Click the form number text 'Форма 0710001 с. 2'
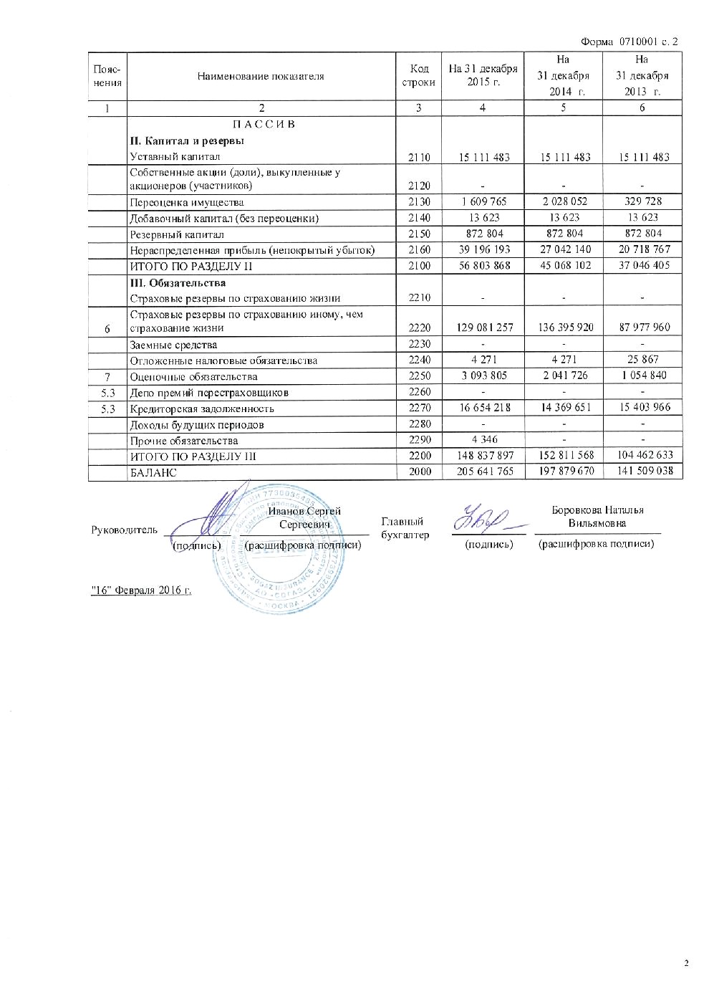(x=630, y=42)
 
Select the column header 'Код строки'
(x=419, y=75)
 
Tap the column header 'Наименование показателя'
(x=261, y=76)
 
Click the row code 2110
(x=419, y=157)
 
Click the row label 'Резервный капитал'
(x=177, y=234)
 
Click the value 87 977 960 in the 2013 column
(x=642, y=328)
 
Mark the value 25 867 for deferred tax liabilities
(x=642, y=360)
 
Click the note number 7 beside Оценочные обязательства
(x=107, y=376)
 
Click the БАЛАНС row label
(x=153, y=472)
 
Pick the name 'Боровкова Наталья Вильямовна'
(x=597, y=517)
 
